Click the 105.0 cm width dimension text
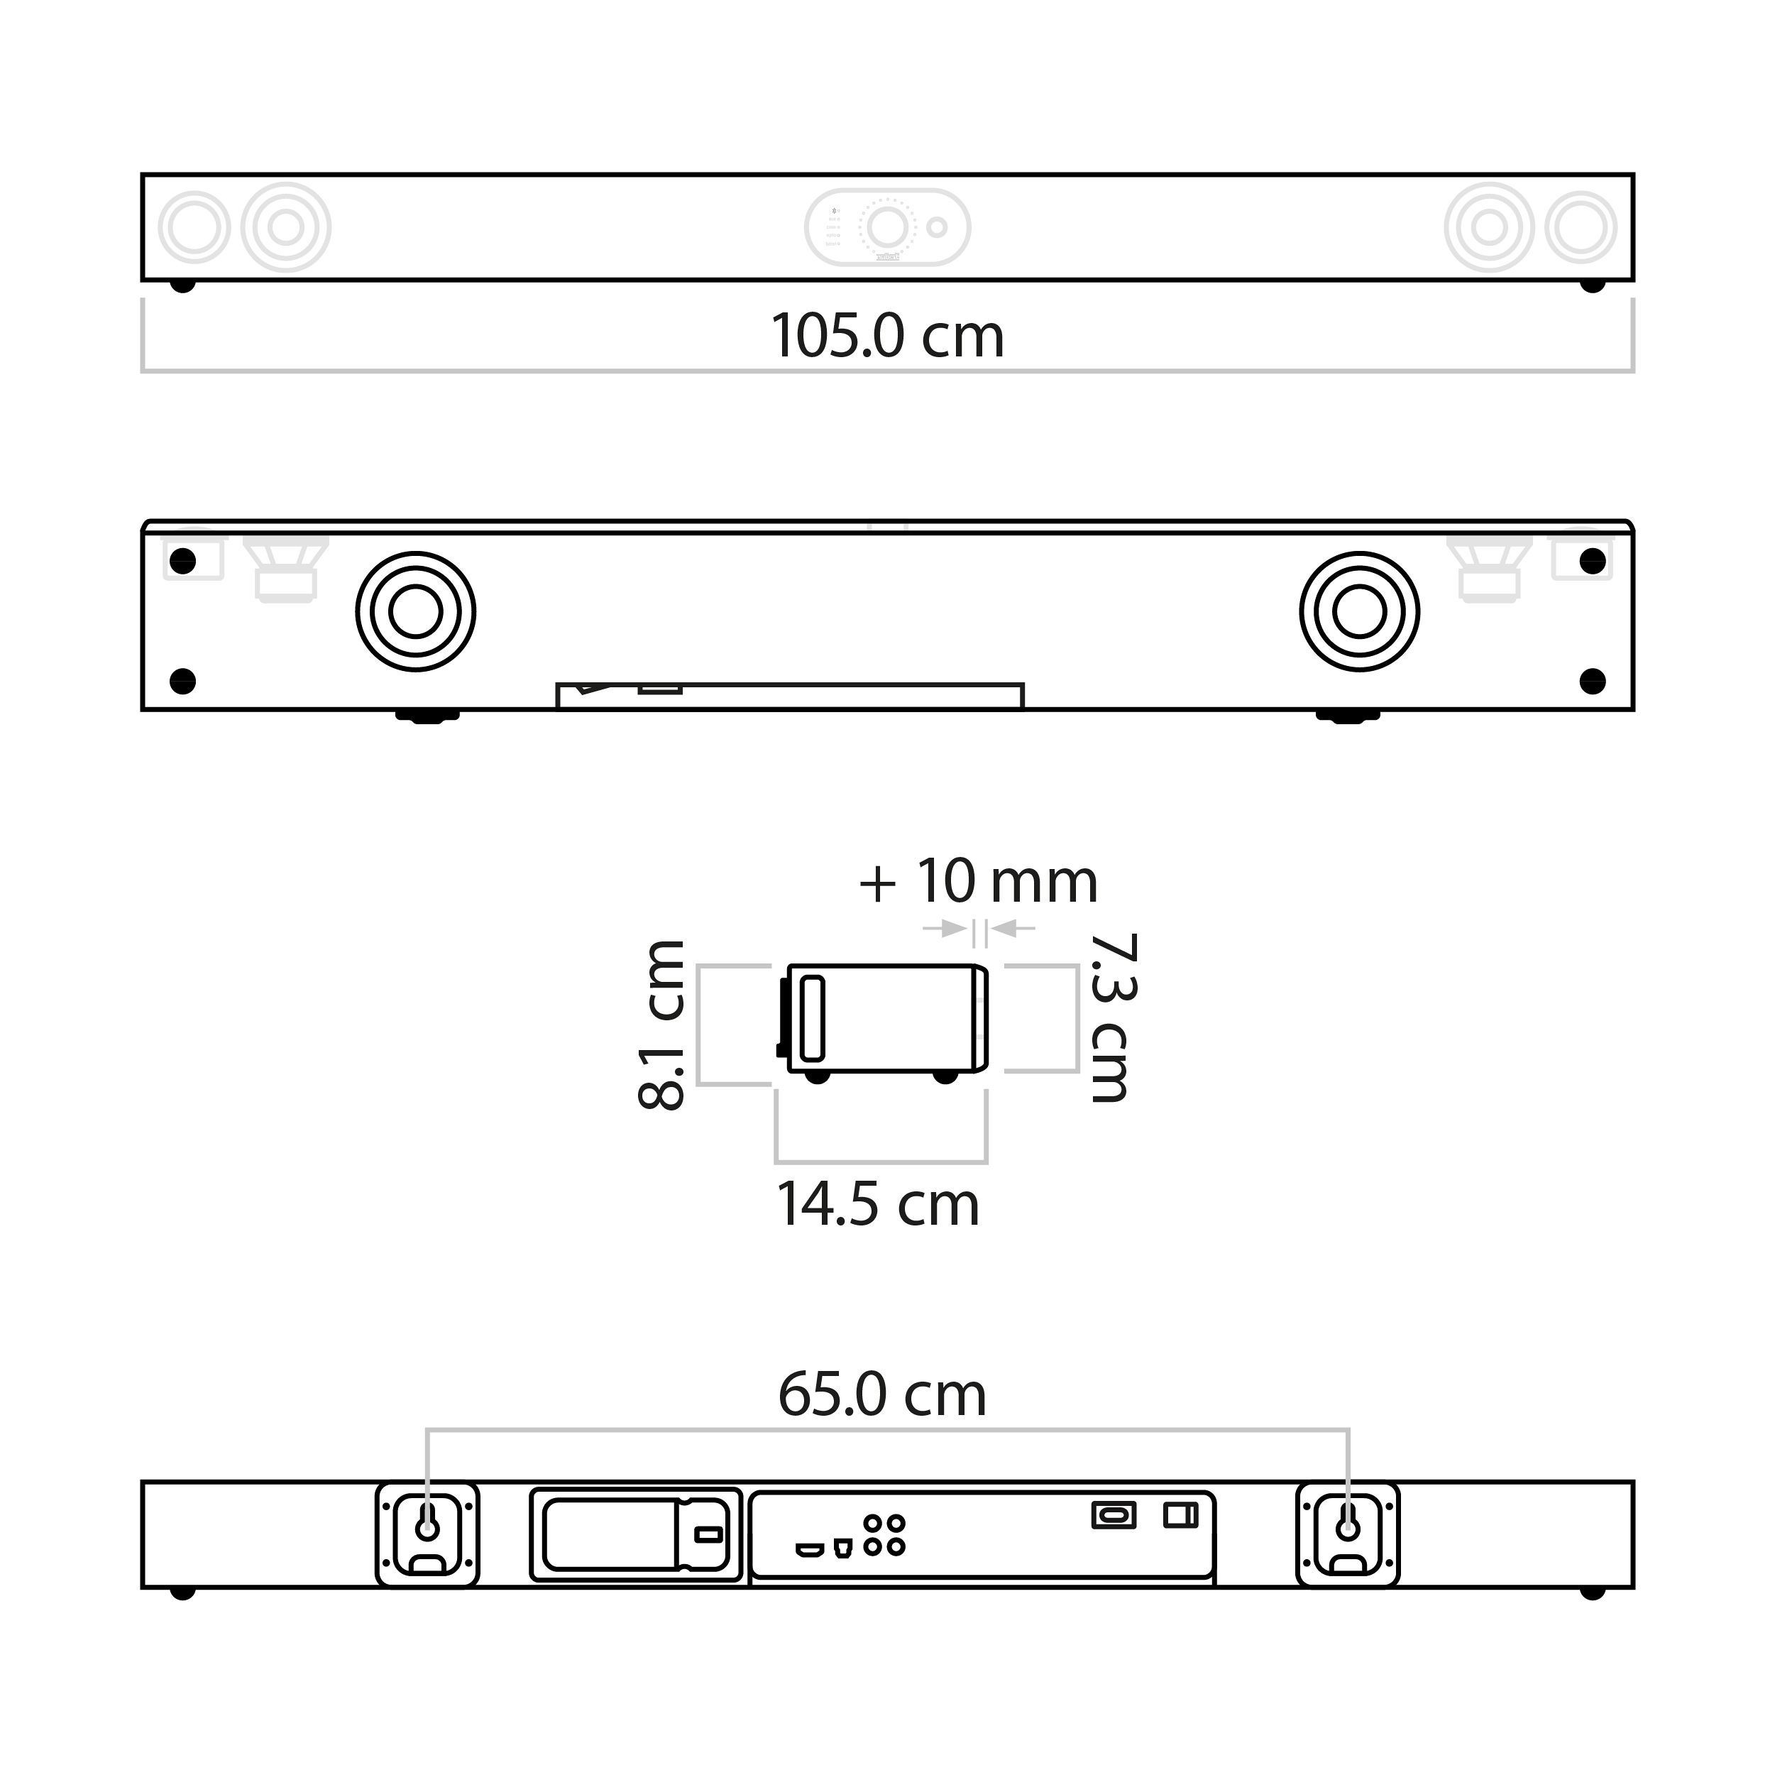[x=887, y=337]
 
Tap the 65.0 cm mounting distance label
[x=882, y=1394]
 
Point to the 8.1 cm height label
[x=661, y=1025]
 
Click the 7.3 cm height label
[x=1113, y=1017]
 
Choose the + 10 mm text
[x=979, y=882]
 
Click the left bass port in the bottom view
[x=415, y=611]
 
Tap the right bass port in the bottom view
[x=1359, y=611]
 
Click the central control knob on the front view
[x=887, y=226]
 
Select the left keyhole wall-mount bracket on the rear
[x=427, y=1534]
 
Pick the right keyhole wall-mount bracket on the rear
[x=1347, y=1534]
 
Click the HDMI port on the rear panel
[x=809, y=1551]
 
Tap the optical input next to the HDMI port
[x=842, y=1549]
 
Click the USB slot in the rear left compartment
[x=708, y=1534]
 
